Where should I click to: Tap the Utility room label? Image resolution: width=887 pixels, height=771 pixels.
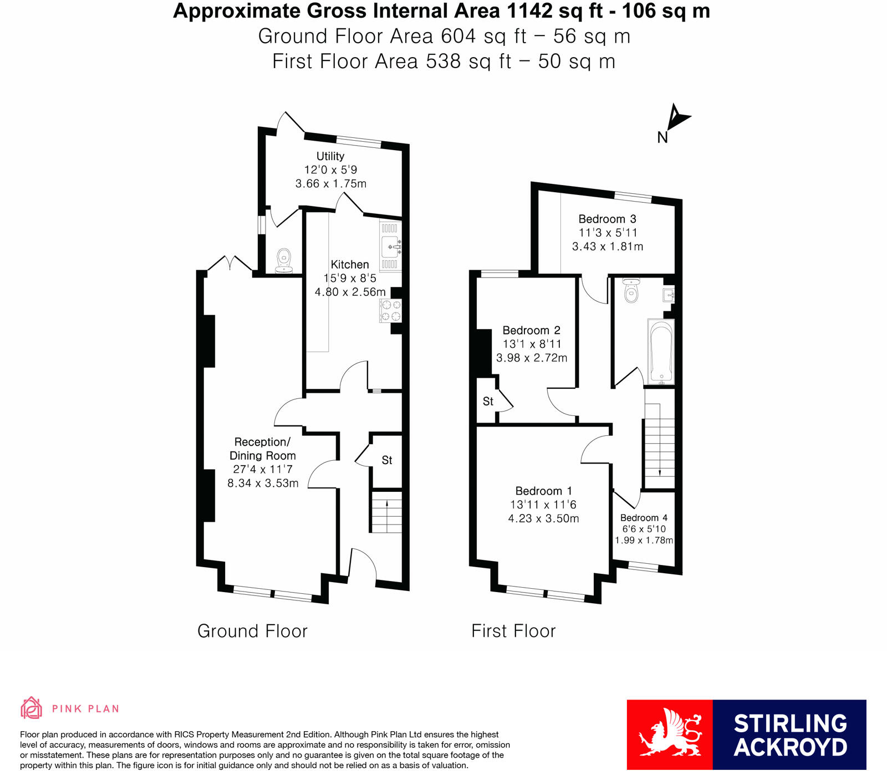tap(330, 156)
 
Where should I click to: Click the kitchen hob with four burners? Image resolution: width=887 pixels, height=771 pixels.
tap(391, 311)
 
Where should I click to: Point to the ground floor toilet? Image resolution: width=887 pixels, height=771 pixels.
tap(284, 260)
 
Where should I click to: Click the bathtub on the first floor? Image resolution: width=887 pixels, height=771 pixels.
tap(661, 351)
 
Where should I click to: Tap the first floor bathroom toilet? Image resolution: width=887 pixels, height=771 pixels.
tap(631, 291)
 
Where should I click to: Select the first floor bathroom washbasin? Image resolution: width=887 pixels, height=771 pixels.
tap(668, 295)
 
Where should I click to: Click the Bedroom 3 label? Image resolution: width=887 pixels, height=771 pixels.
tap(607, 219)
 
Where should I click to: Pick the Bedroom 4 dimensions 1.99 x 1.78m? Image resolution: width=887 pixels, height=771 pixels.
tap(644, 540)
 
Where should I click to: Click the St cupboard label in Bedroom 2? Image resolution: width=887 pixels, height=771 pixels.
tap(488, 402)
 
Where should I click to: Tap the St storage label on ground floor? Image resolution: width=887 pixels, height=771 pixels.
tap(387, 460)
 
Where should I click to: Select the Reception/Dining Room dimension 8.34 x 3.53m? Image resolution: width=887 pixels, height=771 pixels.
tap(263, 483)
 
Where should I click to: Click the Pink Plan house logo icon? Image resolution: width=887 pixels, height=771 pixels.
tap(32, 708)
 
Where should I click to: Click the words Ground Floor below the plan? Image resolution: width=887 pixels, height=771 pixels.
tap(252, 631)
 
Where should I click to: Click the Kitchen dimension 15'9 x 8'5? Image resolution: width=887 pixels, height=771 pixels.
tap(350, 278)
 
